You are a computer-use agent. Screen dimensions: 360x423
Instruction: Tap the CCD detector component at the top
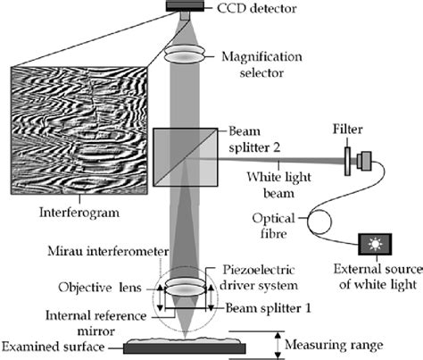click(x=183, y=7)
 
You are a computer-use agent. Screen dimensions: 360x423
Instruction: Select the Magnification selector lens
click(x=183, y=55)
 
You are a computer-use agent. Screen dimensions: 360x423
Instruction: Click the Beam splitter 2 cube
click(x=183, y=158)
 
